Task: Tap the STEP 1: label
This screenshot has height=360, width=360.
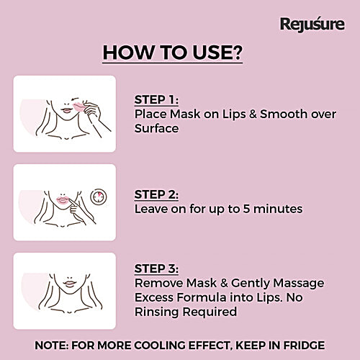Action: pos(157,100)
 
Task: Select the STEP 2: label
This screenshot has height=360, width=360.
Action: pos(157,194)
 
